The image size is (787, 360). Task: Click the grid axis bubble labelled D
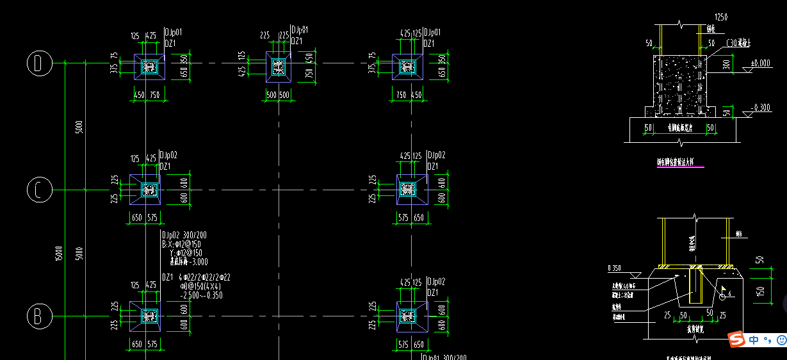tap(38, 63)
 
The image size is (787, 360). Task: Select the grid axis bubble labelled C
tap(38, 190)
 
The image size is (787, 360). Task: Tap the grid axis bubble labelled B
tap(38, 316)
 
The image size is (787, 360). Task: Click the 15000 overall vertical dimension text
tap(59, 253)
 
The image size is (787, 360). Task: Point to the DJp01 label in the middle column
tap(300, 30)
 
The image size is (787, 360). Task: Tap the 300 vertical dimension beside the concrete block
tap(726, 65)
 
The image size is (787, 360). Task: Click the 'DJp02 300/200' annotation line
tap(184, 235)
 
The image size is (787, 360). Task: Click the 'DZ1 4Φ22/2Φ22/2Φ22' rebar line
tap(196, 277)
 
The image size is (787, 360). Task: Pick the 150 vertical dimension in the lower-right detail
tap(759, 291)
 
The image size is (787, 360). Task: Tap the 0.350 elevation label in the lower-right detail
tap(614, 267)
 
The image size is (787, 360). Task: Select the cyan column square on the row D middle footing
tap(278, 66)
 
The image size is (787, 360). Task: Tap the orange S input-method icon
tap(736, 339)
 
